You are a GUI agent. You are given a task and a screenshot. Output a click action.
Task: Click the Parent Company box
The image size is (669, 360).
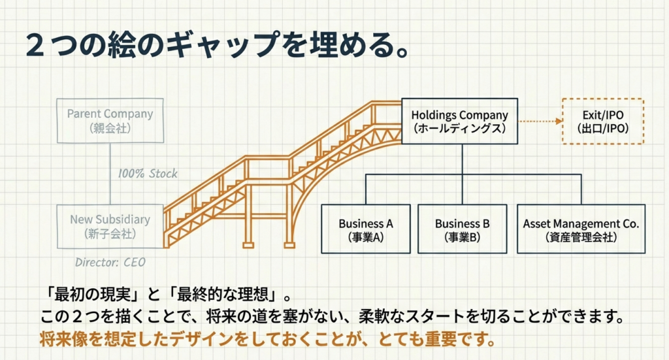pos(110,121)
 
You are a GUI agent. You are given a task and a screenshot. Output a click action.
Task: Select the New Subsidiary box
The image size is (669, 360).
pos(110,226)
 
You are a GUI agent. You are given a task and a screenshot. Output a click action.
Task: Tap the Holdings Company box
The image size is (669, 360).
pos(459,122)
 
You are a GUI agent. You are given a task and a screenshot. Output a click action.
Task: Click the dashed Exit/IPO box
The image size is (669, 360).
pos(603,122)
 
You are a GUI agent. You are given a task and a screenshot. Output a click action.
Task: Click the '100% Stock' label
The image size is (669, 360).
pos(148,174)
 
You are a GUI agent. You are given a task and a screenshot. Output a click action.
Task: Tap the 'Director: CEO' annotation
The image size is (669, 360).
pos(110,263)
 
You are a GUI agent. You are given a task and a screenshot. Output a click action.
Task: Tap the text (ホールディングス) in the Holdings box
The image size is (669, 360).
pos(459,129)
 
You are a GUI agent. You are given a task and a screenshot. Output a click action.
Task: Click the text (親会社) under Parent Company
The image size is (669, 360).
pos(110,128)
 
